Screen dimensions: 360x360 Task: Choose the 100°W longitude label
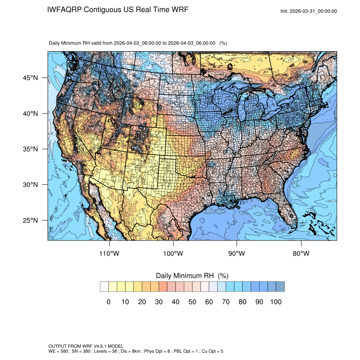pyautogui.click(x=173, y=254)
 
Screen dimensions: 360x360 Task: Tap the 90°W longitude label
pyautogui.click(x=237, y=254)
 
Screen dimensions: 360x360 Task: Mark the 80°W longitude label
pyautogui.click(x=301, y=254)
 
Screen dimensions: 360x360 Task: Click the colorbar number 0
pyautogui.click(x=108, y=302)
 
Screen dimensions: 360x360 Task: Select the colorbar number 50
pyautogui.click(x=192, y=302)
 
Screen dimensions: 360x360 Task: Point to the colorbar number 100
pyautogui.click(x=276, y=302)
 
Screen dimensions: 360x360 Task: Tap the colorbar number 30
pyautogui.click(x=159, y=302)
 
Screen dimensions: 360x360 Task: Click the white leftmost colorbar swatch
pyautogui.click(x=104, y=287)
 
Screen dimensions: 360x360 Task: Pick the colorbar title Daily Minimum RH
pyautogui.click(x=186, y=276)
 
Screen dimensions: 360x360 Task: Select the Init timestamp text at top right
pyautogui.click(x=309, y=11)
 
